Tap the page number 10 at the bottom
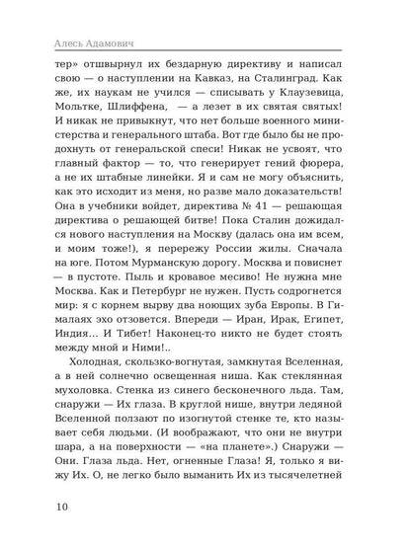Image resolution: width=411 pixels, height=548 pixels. [47, 512]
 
